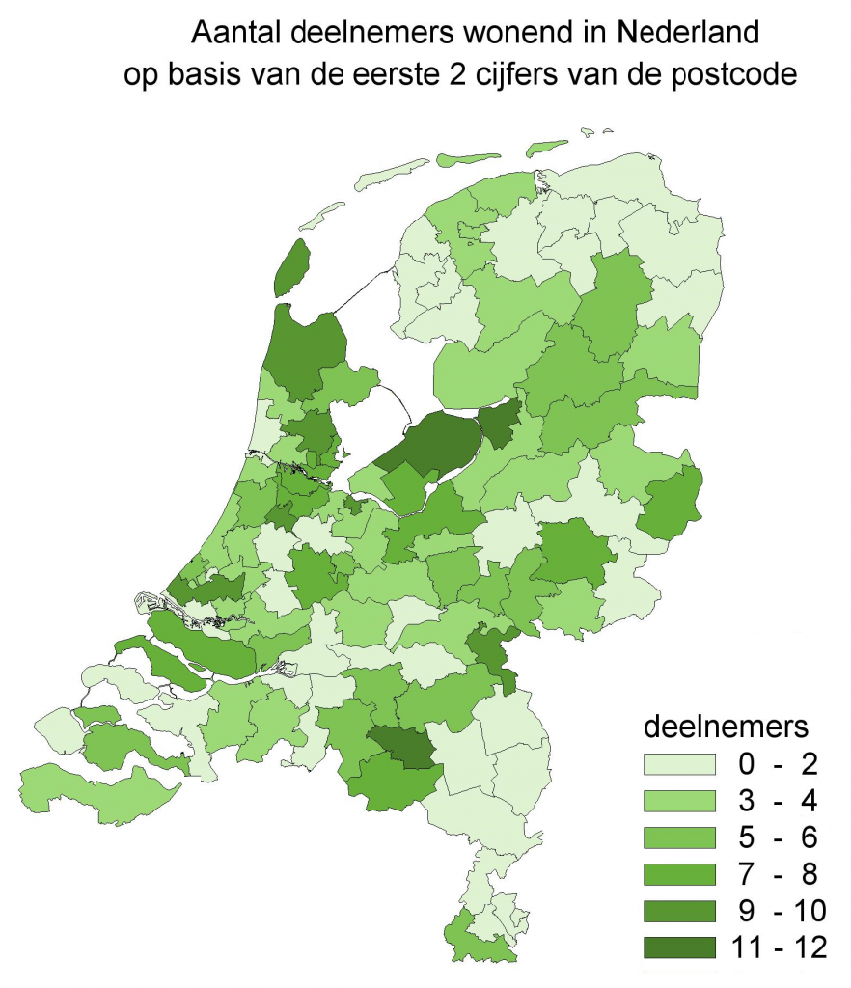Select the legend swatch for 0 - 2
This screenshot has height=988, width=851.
click(680, 765)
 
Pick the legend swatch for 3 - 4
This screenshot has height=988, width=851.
click(680, 802)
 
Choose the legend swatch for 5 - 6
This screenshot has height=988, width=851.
click(680, 838)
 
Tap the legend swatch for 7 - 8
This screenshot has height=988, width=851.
click(680, 875)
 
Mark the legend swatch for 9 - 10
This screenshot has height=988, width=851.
click(680, 912)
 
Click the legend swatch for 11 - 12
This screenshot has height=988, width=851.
click(680, 948)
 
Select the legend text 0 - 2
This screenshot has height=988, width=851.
click(778, 765)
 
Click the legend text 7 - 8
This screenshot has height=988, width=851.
click(778, 875)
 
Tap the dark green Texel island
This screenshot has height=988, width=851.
click(291, 267)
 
